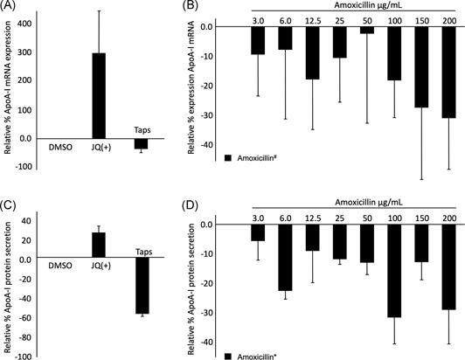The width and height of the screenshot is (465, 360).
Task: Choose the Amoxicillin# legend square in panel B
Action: (x=229, y=157)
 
